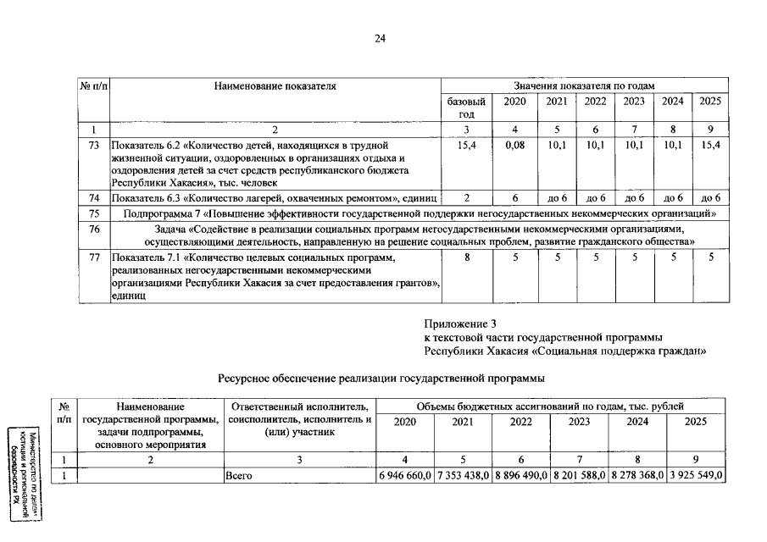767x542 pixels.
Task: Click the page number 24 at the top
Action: click(x=381, y=37)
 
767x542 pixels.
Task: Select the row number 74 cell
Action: click(x=94, y=197)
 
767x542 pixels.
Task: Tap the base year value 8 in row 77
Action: click(x=466, y=257)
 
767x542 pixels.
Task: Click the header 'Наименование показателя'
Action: click(x=275, y=86)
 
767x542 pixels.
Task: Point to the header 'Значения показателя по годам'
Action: click(x=584, y=86)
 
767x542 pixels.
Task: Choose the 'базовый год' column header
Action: click(x=466, y=108)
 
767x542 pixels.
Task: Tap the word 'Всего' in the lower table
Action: click(x=240, y=476)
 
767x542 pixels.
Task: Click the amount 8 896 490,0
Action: click(x=521, y=476)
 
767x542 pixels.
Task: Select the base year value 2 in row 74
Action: click(x=466, y=197)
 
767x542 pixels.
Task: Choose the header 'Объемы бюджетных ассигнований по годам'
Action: click(x=550, y=407)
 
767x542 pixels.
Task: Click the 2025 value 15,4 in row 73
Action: click(x=710, y=146)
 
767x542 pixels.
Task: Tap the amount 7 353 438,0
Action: click(x=463, y=476)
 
